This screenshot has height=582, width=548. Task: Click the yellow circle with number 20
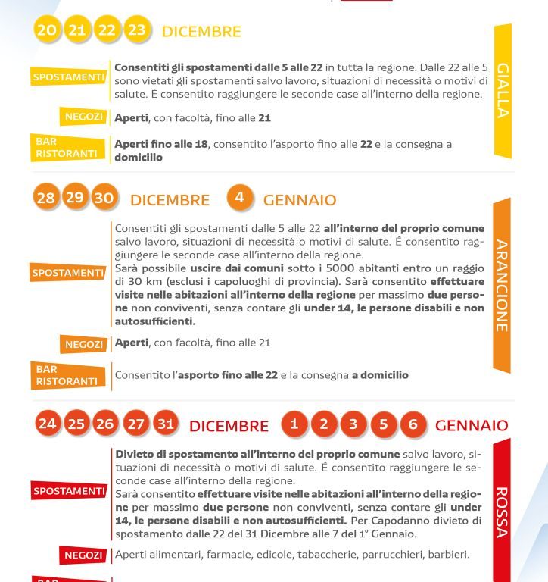pyautogui.click(x=46, y=30)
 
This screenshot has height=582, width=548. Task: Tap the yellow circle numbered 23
pyautogui.click(x=137, y=30)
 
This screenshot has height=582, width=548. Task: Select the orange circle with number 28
pyautogui.click(x=46, y=199)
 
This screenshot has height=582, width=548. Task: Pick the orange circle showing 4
pyautogui.click(x=239, y=198)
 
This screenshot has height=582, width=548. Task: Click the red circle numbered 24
pyautogui.click(x=47, y=424)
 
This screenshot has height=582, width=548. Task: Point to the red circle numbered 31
pyautogui.click(x=166, y=424)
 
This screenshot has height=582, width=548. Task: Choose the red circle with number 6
pyautogui.click(x=413, y=424)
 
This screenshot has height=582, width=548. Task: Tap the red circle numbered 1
pyautogui.click(x=294, y=424)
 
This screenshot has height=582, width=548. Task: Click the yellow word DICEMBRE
pyautogui.click(x=201, y=32)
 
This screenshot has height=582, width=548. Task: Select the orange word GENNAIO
pyautogui.click(x=300, y=200)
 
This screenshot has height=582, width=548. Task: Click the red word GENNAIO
pyautogui.click(x=472, y=425)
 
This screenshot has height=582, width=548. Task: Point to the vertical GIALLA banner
pyautogui.click(x=503, y=91)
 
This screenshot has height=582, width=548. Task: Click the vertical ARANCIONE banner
pyautogui.click(x=502, y=286)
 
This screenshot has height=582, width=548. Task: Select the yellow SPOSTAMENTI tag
pyautogui.click(x=68, y=77)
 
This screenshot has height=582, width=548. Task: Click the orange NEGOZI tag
pyautogui.click(x=83, y=344)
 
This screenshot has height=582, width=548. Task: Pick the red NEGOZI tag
pyautogui.click(x=83, y=555)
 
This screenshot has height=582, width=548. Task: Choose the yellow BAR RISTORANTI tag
pyautogui.click(x=67, y=148)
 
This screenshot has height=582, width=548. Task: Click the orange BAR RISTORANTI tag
pyautogui.click(x=67, y=376)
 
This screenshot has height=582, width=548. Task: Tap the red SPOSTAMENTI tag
pyautogui.click(x=69, y=492)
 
